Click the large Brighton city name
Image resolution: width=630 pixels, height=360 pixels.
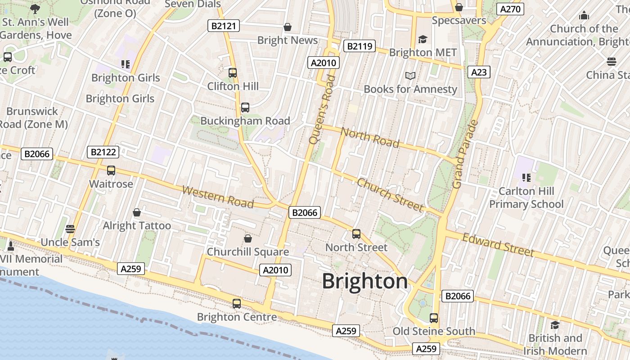pyautogui.click(x=365, y=282)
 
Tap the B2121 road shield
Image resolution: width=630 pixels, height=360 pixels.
pyautogui.click(x=224, y=26)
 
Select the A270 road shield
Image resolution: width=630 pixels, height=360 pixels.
pyautogui.click(x=510, y=9)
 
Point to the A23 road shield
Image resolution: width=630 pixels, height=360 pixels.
pyautogui.click(x=478, y=72)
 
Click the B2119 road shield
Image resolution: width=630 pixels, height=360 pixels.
pyautogui.click(x=360, y=45)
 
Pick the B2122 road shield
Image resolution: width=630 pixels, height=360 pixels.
pyautogui.click(x=103, y=152)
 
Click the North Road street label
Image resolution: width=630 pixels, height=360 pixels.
pyautogui.click(x=370, y=137)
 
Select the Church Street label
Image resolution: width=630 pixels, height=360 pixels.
pyautogui.click(x=390, y=195)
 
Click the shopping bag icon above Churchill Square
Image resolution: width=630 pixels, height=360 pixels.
pyautogui.click(x=247, y=238)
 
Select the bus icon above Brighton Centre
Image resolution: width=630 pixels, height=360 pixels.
pyautogui.click(x=237, y=304)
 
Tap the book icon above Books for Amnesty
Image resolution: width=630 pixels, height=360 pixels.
pyautogui.click(x=410, y=76)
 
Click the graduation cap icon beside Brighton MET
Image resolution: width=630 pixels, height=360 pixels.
pyautogui.click(x=422, y=40)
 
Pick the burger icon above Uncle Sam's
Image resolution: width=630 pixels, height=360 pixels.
pyautogui.click(x=70, y=229)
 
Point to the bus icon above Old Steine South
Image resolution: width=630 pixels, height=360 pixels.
pyautogui.click(x=434, y=318)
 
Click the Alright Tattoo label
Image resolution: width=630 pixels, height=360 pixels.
pyautogui.click(x=137, y=225)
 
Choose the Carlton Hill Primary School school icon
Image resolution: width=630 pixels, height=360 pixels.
pyautogui.click(x=525, y=178)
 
